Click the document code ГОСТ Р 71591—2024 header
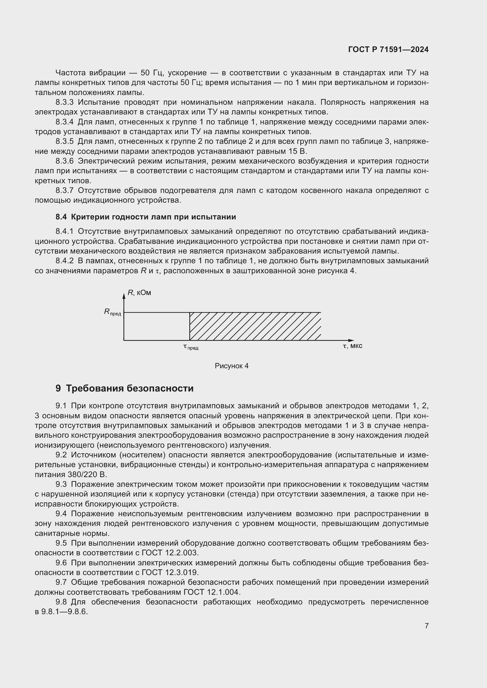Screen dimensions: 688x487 tap(388, 50)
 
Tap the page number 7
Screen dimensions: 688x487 tap(426, 626)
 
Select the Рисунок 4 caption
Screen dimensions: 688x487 tap(231, 366)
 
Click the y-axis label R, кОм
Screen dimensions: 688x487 tap(139, 293)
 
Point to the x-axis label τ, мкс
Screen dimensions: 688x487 tap(352, 346)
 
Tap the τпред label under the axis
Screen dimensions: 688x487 tap(191, 347)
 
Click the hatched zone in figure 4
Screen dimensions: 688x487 tap(255, 326)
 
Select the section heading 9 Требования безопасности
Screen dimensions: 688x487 tap(125, 388)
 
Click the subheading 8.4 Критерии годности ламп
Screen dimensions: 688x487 tap(146, 217)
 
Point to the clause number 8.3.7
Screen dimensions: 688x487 tap(64, 191)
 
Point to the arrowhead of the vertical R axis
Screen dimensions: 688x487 tap(124, 296)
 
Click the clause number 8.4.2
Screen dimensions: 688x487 tap(64, 261)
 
